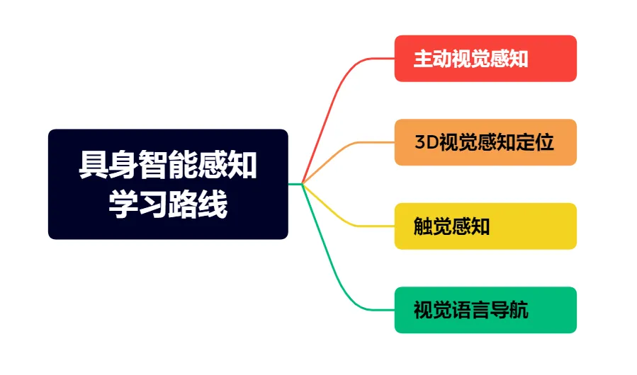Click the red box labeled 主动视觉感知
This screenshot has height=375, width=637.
pyautogui.click(x=485, y=59)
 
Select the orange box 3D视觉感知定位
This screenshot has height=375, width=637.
pyautogui.click(x=485, y=142)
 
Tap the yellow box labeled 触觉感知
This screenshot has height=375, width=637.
pyautogui.click(x=485, y=226)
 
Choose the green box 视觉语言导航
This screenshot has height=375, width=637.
pyautogui.click(x=485, y=310)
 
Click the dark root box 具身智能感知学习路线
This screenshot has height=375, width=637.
pyautogui.click(x=168, y=184)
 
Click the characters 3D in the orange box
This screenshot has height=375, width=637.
pyautogui.click(x=426, y=142)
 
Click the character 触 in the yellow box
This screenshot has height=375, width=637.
pyautogui.click(x=423, y=226)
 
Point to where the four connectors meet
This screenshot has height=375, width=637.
pyautogui.click(x=303, y=184)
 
